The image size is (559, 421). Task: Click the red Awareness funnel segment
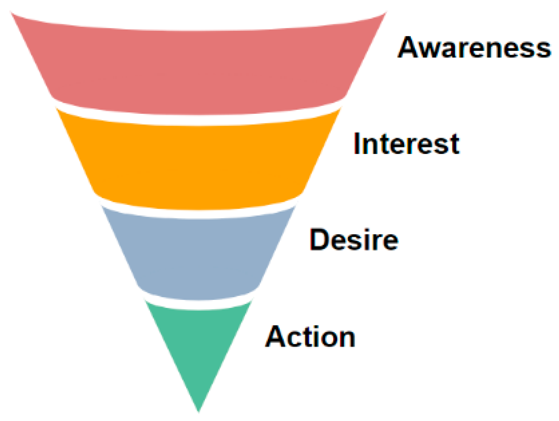pos(199,71)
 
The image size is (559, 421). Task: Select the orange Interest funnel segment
pos(199,165)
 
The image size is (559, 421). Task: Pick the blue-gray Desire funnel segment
pos(199,257)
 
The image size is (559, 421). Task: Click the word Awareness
pos(474,48)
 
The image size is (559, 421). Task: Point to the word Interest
pos(406,144)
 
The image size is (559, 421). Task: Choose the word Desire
pos(354,239)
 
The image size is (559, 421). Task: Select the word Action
pos(310,336)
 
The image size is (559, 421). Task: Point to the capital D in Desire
pos(319,239)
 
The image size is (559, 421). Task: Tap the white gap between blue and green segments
pos(199,304)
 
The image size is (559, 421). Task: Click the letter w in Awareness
pos(435,50)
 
